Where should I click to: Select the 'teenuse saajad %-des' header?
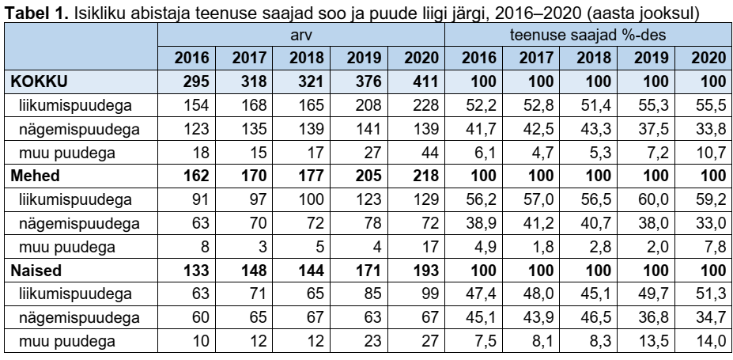589,37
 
